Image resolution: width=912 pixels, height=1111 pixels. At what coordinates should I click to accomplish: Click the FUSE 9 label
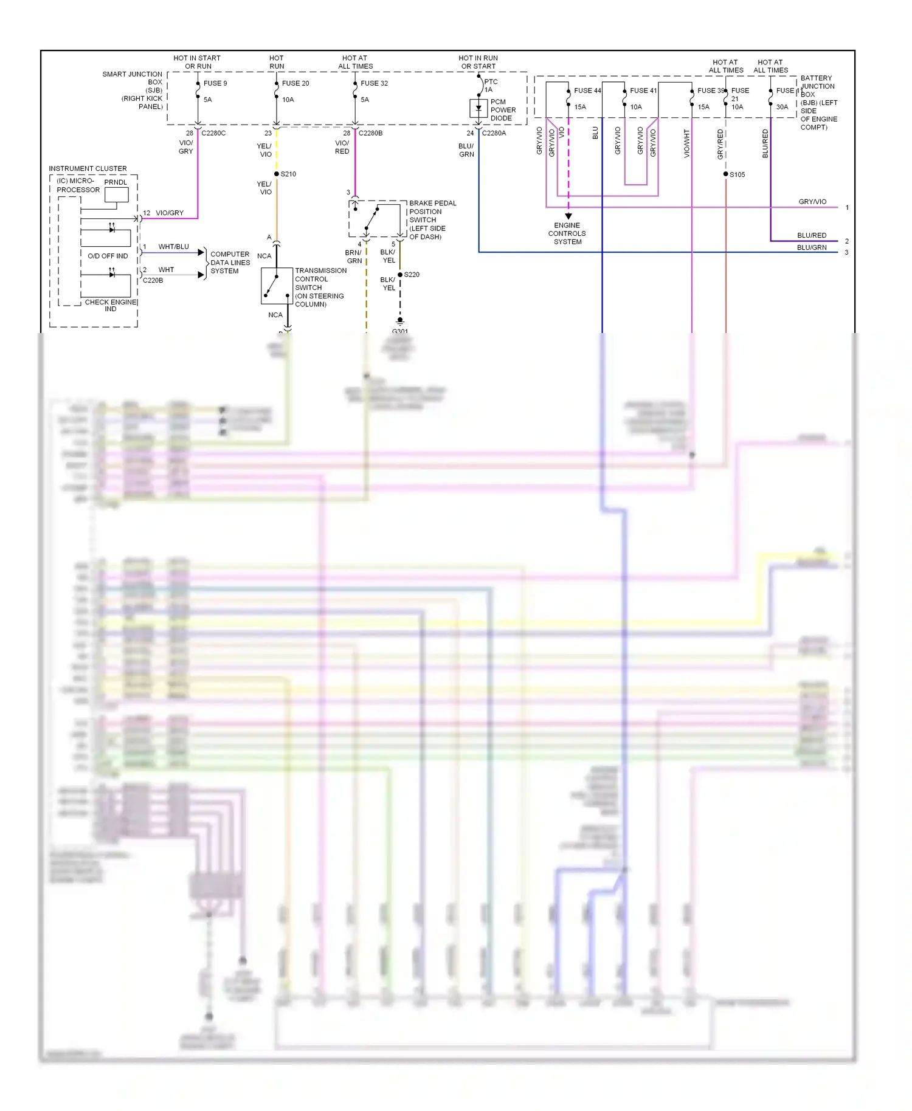click(215, 83)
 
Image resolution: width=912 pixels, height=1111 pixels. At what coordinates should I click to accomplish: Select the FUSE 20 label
click(295, 83)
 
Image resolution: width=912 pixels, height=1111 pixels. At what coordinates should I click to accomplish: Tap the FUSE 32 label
click(374, 83)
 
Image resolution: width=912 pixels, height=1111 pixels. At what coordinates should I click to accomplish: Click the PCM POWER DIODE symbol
click(478, 108)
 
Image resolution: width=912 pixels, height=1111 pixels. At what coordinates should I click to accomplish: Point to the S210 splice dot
click(277, 174)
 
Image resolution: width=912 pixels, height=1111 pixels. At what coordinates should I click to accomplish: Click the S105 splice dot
click(725, 174)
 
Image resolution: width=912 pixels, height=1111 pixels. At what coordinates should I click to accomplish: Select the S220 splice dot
click(400, 275)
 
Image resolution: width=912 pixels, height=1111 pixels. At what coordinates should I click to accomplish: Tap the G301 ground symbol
click(400, 321)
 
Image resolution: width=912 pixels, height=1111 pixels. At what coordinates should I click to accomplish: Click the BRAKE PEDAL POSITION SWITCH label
click(432, 219)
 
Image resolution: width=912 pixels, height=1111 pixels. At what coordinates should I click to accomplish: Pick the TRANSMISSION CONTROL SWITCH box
click(276, 286)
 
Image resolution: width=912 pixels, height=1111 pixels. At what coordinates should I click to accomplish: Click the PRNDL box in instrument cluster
click(116, 194)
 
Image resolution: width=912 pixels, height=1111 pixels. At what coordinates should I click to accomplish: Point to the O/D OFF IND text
click(108, 256)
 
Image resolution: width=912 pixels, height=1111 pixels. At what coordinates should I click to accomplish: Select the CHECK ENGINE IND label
click(111, 305)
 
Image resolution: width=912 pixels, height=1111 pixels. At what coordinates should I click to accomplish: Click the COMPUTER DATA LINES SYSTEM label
click(230, 263)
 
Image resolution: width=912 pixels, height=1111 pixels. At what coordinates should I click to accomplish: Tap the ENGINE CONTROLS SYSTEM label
click(567, 233)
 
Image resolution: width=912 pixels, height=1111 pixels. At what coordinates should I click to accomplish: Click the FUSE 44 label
click(587, 91)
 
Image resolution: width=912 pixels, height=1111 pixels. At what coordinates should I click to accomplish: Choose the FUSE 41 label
click(643, 91)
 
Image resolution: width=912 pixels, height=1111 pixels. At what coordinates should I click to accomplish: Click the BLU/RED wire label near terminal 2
click(811, 235)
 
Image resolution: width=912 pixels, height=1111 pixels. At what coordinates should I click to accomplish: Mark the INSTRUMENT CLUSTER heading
click(88, 168)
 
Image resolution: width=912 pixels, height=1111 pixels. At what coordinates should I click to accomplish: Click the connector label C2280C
click(213, 133)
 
